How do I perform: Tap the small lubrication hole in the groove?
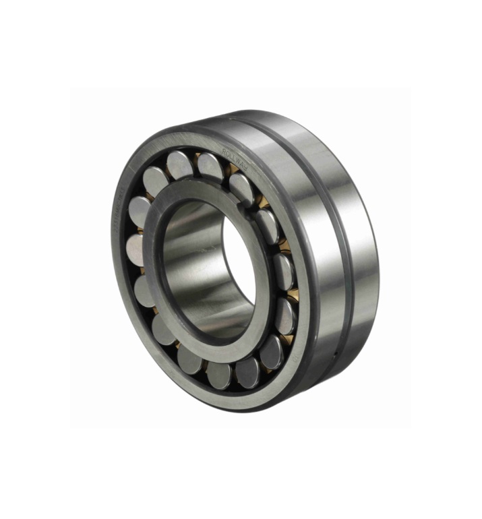click(336, 353)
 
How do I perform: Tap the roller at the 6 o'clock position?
click(220, 375)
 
